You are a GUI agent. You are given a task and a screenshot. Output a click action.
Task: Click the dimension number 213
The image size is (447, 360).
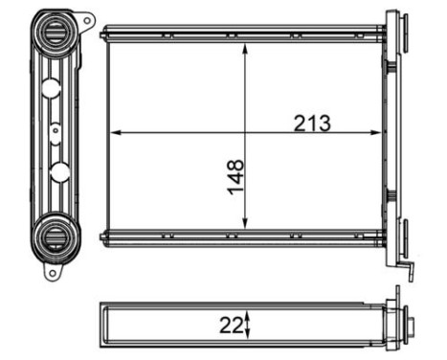click(313, 123)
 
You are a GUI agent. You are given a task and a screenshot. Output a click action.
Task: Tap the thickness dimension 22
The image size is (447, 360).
click(230, 324)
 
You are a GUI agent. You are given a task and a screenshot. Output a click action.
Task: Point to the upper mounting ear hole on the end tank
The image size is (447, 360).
click(87, 19)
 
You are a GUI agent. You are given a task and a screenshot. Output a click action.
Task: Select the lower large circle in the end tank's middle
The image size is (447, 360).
click(59, 171)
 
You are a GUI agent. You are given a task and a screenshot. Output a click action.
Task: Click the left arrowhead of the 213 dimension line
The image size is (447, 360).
click(116, 131)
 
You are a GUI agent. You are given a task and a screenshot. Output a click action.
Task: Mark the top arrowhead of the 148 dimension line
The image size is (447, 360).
click(247, 47)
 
